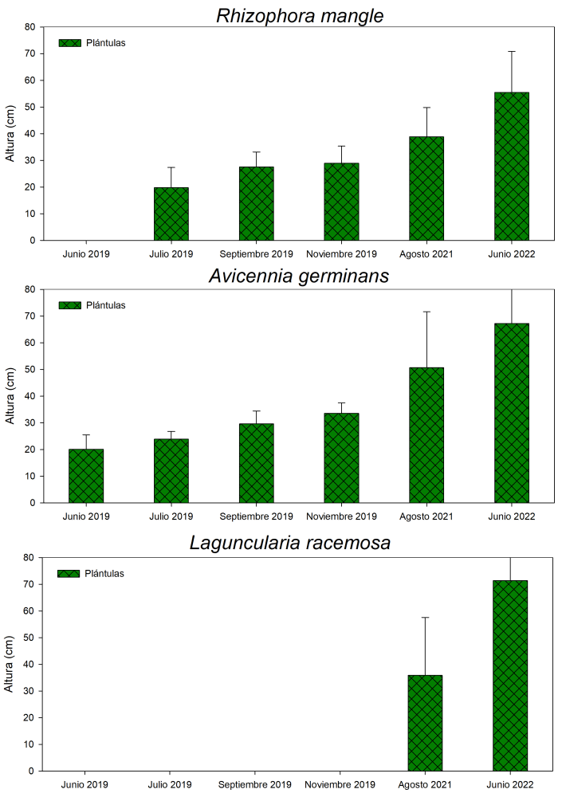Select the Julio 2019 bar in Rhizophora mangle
pos(171,214)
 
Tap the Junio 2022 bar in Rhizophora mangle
pos(511,166)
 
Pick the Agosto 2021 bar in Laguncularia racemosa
pos(425,723)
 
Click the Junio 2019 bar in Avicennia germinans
pos(86,476)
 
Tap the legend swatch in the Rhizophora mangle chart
pos(70,43)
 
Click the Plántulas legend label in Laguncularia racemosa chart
pos(104,573)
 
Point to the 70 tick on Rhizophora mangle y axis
pos(29,54)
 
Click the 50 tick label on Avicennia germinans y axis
pos(29,370)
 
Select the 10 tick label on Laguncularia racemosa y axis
pos(29,744)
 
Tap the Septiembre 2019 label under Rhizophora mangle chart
pos(256,254)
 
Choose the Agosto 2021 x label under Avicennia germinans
pos(426,516)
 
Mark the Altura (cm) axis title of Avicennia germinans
pos(11,396)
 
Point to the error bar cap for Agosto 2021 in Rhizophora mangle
pos(426,108)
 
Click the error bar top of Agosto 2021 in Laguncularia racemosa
pos(425,618)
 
